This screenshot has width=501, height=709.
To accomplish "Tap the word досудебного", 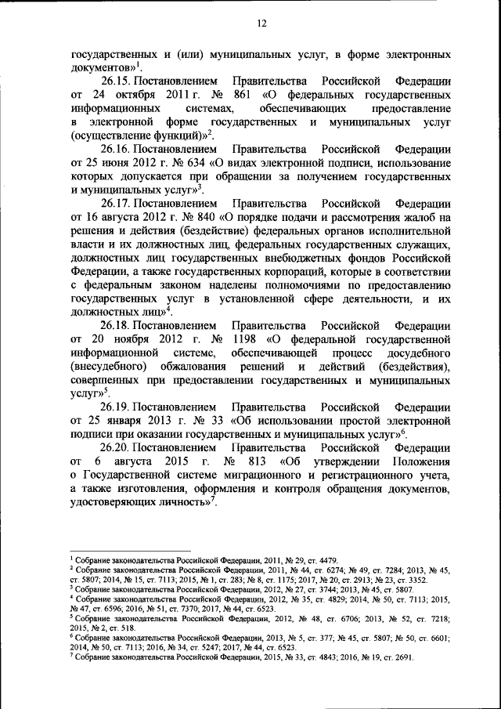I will [x=420, y=352].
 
